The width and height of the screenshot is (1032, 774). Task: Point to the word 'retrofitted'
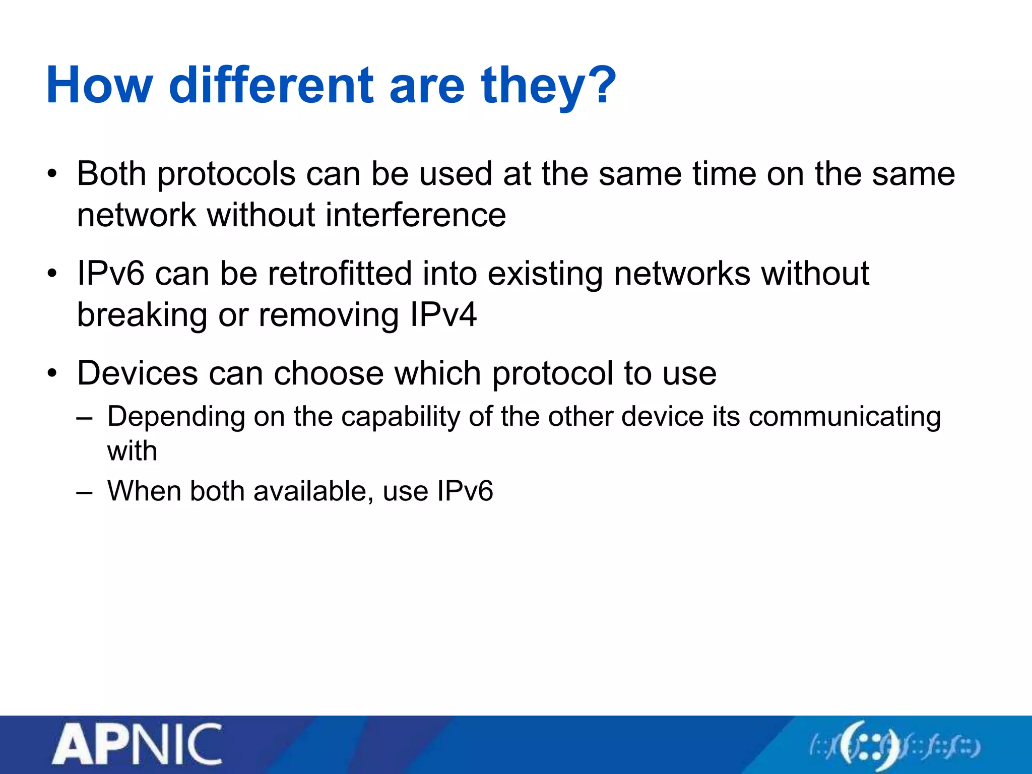click(x=340, y=274)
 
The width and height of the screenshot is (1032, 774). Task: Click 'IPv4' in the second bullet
click(x=443, y=315)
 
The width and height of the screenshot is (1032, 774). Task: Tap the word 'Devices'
click(x=138, y=373)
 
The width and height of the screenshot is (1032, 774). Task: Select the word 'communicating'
click(x=845, y=417)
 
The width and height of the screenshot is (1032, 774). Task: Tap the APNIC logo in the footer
click(x=137, y=745)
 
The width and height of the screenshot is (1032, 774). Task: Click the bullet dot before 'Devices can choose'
click(x=52, y=374)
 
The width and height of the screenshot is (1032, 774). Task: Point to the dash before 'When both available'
click(x=84, y=491)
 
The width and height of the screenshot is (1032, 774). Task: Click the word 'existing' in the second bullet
click(x=545, y=274)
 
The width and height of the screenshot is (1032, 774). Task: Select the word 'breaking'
click(x=142, y=315)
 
